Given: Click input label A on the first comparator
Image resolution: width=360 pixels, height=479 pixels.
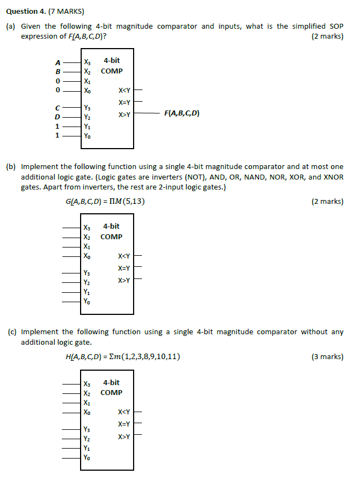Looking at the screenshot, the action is [x=57, y=62].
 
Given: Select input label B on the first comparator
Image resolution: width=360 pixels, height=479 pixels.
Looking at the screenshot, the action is [x=57, y=71].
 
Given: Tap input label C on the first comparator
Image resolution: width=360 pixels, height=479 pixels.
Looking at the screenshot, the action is [x=57, y=108].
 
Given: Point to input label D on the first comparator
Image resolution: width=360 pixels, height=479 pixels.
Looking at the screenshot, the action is [x=57, y=117].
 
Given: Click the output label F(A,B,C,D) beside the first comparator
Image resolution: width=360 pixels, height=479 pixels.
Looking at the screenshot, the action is [x=182, y=114].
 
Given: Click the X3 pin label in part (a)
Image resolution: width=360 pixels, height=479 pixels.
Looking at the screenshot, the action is [x=87, y=62].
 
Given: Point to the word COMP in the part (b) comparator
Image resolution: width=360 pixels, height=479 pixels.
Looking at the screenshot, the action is [x=112, y=237].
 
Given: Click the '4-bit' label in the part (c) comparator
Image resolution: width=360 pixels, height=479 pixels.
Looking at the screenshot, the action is [x=112, y=382].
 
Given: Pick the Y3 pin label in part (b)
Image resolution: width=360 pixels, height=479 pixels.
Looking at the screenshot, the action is [x=87, y=273].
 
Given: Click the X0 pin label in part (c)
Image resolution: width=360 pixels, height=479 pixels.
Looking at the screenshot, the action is [x=87, y=412].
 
